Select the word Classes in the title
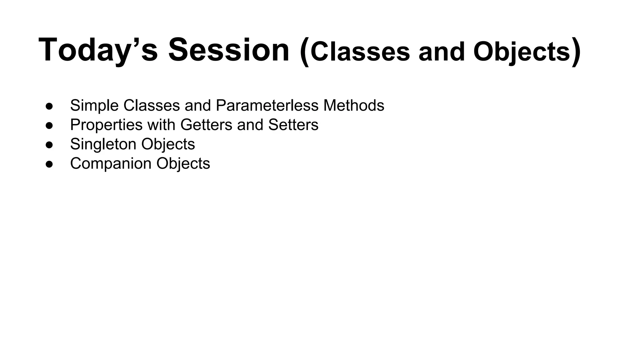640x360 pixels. click(x=360, y=52)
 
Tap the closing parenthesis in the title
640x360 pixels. click(x=576, y=52)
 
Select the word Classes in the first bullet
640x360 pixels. click(x=152, y=105)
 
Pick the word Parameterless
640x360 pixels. click(x=267, y=105)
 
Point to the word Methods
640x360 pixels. click(x=353, y=105)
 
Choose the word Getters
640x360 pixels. click(x=206, y=125)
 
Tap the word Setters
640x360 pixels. click(x=293, y=125)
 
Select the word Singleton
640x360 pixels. click(x=103, y=144)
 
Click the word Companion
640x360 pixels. click(x=111, y=163)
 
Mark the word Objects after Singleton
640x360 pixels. click(x=168, y=144)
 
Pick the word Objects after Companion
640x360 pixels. click(x=183, y=163)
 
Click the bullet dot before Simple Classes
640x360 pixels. click(x=49, y=106)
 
